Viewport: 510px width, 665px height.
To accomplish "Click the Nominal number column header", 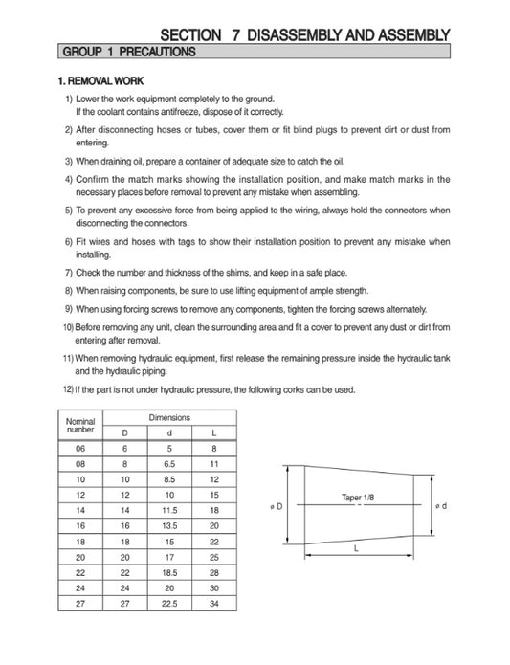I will (x=79, y=425).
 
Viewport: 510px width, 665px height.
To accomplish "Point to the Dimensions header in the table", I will (x=169, y=418).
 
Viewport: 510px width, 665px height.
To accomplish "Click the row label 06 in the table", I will (x=79, y=448).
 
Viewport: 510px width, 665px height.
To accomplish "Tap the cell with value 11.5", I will (x=169, y=510).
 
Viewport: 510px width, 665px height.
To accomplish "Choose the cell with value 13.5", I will (x=169, y=525).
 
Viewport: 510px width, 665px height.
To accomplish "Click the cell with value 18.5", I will (x=169, y=572).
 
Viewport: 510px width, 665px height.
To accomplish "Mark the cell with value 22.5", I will (x=169, y=603).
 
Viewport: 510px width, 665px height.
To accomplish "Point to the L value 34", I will (x=214, y=603).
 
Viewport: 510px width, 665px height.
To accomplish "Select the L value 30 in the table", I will (x=214, y=587).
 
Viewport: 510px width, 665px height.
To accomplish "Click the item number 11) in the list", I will (x=68, y=357).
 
